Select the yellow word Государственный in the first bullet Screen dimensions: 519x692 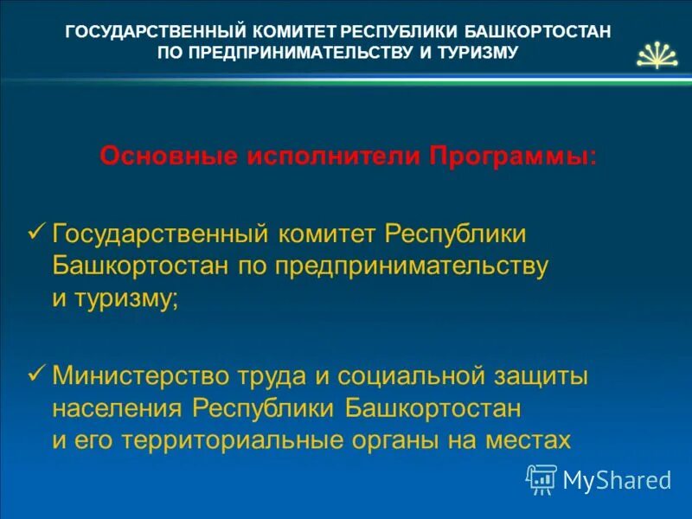[x=162, y=235]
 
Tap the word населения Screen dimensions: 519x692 [x=119, y=407]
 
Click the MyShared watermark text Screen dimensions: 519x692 [x=617, y=479]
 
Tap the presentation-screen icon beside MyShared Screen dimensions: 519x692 [x=541, y=478]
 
